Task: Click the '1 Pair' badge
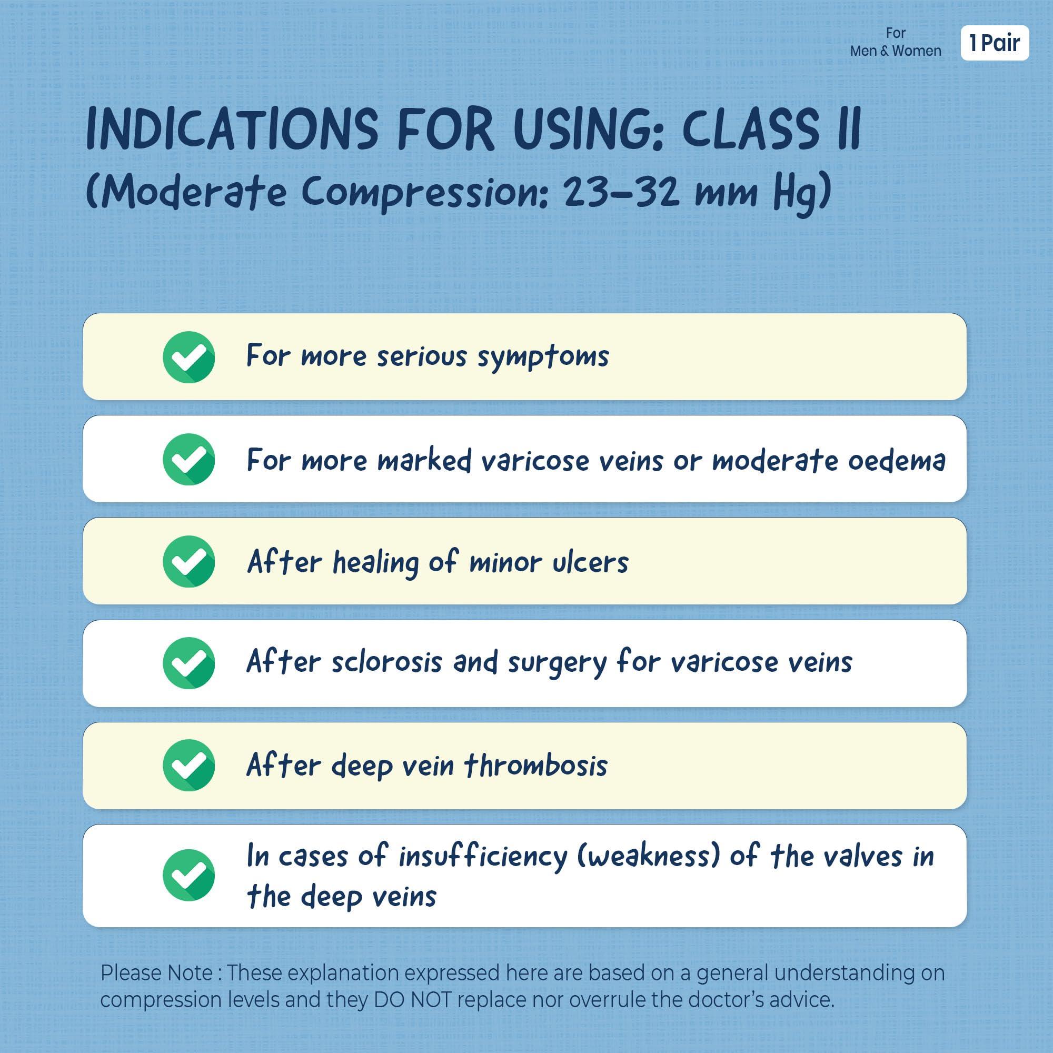pyautogui.click(x=995, y=43)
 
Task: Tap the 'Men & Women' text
pyautogui.click(x=896, y=51)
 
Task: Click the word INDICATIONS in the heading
pyautogui.click(x=232, y=129)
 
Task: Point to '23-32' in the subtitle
pyautogui.click(x=622, y=192)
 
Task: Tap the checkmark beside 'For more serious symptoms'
pyautogui.click(x=188, y=357)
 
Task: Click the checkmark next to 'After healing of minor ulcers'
pyautogui.click(x=188, y=561)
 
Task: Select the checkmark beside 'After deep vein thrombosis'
pyautogui.click(x=188, y=765)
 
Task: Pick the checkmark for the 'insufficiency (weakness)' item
pyautogui.click(x=188, y=875)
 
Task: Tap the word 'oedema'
pyautogui.click(x=896, y=460)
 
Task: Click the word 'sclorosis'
pyautogui.click(x=387, y=662)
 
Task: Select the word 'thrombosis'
pyautogui.click(x=536, y=764)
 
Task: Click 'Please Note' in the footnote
pyautogui.click(x=157, y=973)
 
